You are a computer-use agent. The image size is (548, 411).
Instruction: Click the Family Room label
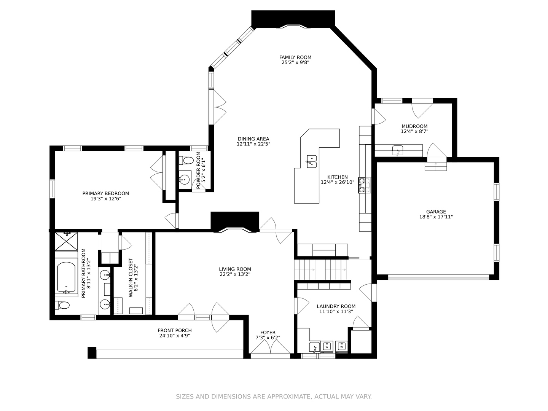click(x=295, y=57)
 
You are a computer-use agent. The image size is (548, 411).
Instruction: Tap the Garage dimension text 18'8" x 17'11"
click(x=436, y=217)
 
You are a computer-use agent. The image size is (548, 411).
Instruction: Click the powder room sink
click(x=185, y=179)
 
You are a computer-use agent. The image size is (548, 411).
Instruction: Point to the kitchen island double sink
click(x=312, y=161)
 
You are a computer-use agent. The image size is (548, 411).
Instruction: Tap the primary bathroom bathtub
click(x=66, y=277)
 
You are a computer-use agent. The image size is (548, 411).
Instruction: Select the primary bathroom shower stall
click(x=66, y=241)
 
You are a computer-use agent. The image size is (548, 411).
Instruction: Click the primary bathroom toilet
click(x=62, y=305)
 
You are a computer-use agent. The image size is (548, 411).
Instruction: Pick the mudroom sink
click(x=397, y=150)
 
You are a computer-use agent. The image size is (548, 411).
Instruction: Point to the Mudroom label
click(x=414, y=126)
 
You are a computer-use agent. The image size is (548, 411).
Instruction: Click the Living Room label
click(x=235, y=269)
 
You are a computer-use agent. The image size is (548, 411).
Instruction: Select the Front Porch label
click(x=175, y=330)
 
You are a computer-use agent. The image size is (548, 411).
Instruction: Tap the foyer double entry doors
click(x=270, y=347)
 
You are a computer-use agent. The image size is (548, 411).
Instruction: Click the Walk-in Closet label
click(x=131, y=277)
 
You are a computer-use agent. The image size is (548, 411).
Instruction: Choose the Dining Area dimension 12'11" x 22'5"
click(x=253, y=144)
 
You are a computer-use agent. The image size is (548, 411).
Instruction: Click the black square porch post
click(x=92, y=353)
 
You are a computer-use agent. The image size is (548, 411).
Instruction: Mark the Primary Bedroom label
click(x=106, y=193)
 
